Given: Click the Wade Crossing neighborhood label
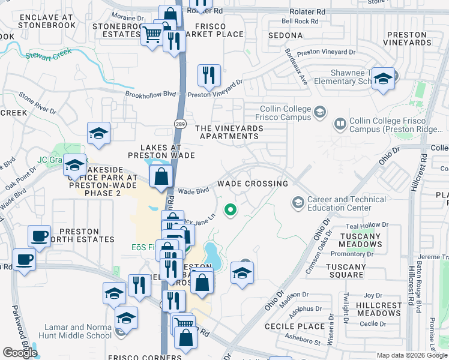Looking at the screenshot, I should (x=252, y=183).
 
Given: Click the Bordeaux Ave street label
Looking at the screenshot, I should (x=297, y=67).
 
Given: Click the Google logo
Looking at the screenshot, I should (x=20, y=353).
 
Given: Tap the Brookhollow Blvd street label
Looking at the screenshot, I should (x=150, y=94).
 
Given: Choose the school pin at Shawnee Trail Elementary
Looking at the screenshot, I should (x=383, y=80).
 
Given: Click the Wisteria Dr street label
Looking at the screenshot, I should (x=330, y=325).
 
